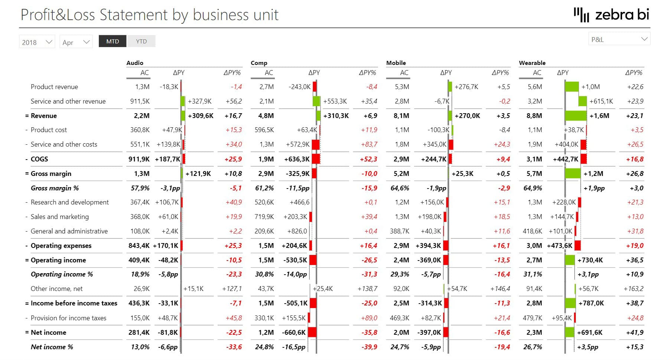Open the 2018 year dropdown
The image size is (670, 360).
pyautogui.click(x=37, y=42)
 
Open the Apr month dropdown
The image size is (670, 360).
pyautogui.click(x=76, y=42)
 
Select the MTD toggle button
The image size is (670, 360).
pyautogui.click(x=113, y=41)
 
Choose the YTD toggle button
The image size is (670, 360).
pyautogui.click(x=141, y=41)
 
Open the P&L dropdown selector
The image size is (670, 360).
pyautogui.click(x=619, y=39)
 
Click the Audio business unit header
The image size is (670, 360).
pyautogui.click(x=135, y=63)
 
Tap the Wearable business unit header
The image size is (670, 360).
pyautogui.click(x=532, y=63)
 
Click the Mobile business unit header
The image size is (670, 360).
pyautogui.click(x=396, y=63)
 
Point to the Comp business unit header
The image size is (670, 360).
pyautogui.click(x=259, y=63)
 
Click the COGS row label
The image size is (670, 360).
pyautogui.click(x=39, y=159)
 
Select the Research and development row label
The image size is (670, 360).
pyautogui.click(x=70, y=202)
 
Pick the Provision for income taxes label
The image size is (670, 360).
pyautogui.click(x=68, y=318)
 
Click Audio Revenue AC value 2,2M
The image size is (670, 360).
pyautogui.click(x=142, y=116)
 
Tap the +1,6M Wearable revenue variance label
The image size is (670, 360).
pyautogui.click(x=599, y=116)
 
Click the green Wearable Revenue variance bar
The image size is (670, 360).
pyautogui.click(x=576, y=116)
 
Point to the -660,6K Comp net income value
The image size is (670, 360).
pyautogui.click(x=294, y=333)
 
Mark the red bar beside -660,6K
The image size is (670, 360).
pyautogui.click(x=312, y=333)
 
